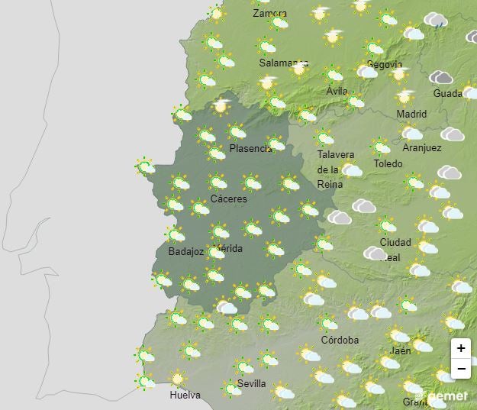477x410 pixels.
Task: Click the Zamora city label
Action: pos(269,14)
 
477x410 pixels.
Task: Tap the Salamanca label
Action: pos(283,63)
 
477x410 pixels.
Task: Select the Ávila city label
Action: pos(337,91)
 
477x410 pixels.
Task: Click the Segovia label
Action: pos(384,65)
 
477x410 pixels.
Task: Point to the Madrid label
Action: pos(411,115)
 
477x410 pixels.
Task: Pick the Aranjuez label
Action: pos(421,148)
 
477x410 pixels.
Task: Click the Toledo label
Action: pos(388,164)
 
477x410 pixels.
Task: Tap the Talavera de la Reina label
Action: pos(334,169)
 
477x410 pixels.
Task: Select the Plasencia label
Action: pos(250,149)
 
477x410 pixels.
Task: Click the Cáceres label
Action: pos(228,199)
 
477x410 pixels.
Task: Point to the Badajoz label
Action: pos(185,252)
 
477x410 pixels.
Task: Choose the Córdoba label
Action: pos(340,341)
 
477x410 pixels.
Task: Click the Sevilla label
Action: pos(251,383)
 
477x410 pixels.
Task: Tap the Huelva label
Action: pos(185,395)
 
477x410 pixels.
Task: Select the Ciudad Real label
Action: pos(395,250)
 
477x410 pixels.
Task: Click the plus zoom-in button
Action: pos(461,348)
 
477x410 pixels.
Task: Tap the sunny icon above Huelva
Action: pos(178,379)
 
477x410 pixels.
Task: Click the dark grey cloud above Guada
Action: pos(441,78)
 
